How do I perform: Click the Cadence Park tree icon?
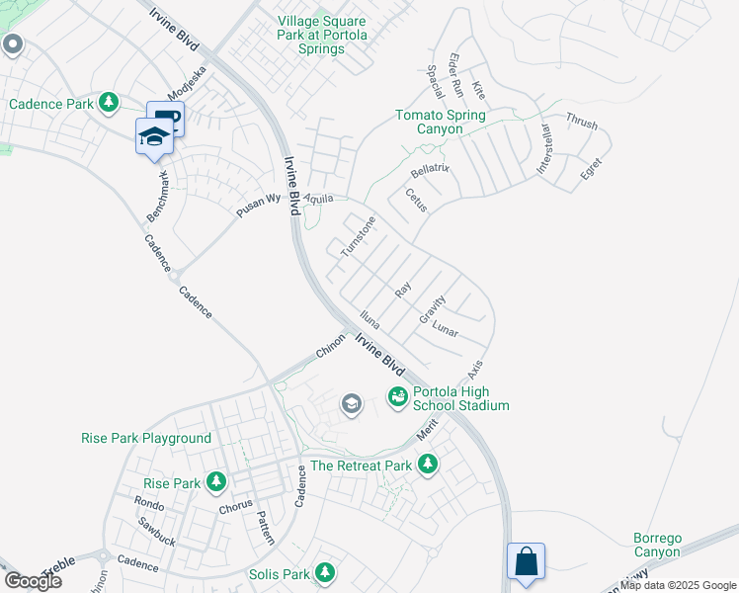point(108,103)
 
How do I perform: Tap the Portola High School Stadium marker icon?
point(398,397)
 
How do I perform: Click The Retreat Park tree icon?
point(428,464)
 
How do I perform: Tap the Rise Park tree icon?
point(216,483)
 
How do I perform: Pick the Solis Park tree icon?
point(325,573)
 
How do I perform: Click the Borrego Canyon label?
point(657,546)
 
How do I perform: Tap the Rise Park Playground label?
point(146,438)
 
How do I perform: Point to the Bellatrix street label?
point(430,170)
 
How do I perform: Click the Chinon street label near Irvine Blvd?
point(330,345)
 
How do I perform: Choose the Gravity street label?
point(433,309)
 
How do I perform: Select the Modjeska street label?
point(189,87)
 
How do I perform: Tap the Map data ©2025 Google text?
point(678,585)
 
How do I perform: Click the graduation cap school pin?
point(154,135)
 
